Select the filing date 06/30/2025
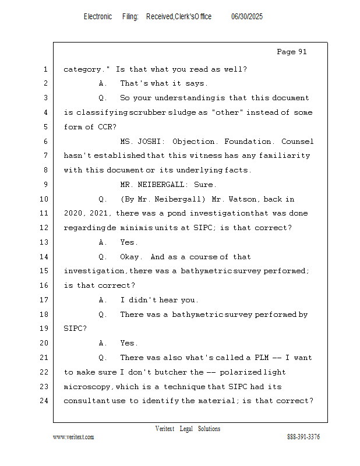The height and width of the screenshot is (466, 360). (x=247, y=17)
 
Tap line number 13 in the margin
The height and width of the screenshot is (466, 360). (x=45, y=242)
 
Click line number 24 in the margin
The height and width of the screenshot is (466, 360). (x=45, y=401)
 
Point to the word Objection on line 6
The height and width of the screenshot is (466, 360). (x=193, y=142)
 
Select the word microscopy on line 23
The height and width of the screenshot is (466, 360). (x=88, y=387)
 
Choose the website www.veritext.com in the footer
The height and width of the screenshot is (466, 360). (x=73, y=437)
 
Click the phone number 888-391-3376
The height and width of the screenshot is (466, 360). (x=303, y=437)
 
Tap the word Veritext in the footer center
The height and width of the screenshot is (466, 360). (x=165, y=429)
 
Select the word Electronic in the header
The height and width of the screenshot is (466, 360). (x=98, y=17)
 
